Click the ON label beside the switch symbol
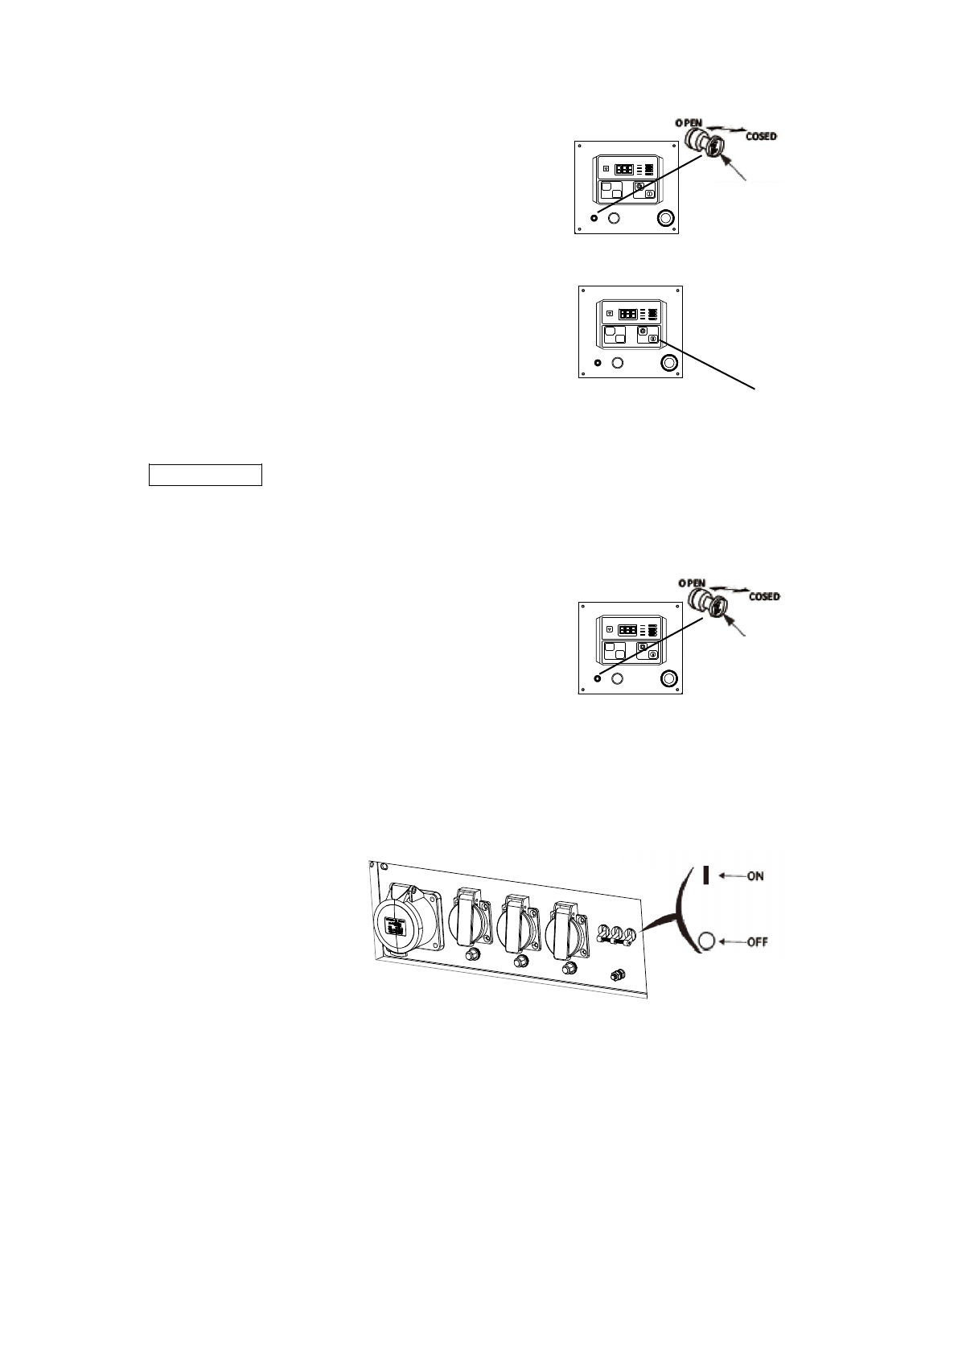tap(755, 875)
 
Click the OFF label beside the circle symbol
tap(757, 941)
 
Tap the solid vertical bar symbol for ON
tap(706, 875)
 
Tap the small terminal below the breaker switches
tap(618, 975)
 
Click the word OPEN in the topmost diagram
tap(689, 121)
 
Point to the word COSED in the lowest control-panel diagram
tap(763, 597)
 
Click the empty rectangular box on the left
tap(206, 475)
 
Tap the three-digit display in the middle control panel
tap(628, 314)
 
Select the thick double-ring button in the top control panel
tap(665, 218)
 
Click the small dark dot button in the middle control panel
tap(598, 363)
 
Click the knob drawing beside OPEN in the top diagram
tap(704, 144)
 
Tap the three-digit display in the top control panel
tap(624, 170)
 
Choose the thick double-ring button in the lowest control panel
tap(668, 678)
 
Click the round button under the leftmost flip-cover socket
tap(472, 954)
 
